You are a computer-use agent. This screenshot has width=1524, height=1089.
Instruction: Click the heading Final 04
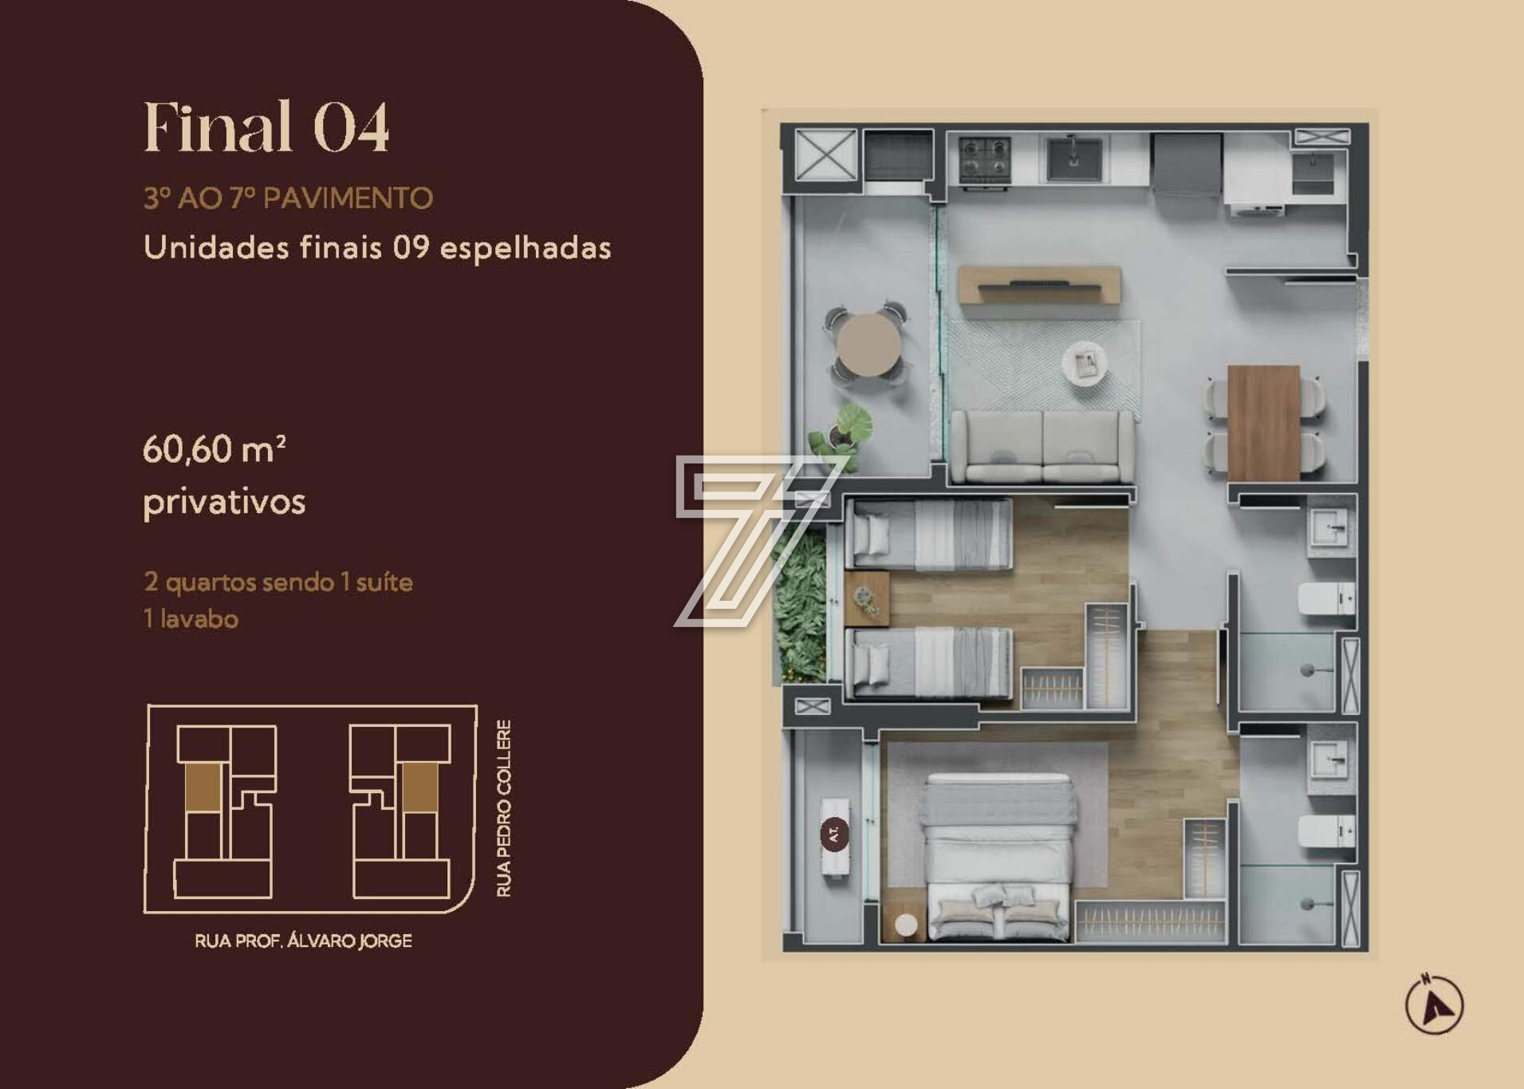[266, 127]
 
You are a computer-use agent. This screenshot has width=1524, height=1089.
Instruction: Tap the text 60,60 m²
[215, 449]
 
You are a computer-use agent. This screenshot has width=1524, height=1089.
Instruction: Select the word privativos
[224, 502]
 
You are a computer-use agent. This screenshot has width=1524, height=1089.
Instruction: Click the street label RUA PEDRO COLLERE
[504, 808]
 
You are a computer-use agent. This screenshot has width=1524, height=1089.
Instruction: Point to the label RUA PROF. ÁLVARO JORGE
[303, 941]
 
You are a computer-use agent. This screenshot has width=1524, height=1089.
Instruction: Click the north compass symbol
[1434, 1004]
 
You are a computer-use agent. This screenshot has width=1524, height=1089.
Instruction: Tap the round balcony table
[868, 344]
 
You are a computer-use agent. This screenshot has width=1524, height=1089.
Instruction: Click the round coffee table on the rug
[1085, 364]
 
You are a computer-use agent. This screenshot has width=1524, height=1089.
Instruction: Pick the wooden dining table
[1263, 423]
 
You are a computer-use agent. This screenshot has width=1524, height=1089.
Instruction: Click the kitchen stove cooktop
[985, 159]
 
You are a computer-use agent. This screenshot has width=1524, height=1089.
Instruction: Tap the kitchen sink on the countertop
[1074, 159]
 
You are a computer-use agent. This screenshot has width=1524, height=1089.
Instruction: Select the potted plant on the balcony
[840, 432]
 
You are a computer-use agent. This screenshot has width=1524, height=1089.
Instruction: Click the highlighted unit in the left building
[203, 787]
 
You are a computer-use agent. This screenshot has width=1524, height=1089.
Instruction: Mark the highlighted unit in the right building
[419, 788]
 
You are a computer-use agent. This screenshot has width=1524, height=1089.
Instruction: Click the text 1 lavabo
[191, 619]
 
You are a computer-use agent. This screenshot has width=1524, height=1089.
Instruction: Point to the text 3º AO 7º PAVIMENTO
[288, 198]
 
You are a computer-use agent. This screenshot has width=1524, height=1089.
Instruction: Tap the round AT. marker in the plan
[834, 835]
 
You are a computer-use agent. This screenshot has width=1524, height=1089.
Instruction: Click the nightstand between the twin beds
[866, 598]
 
